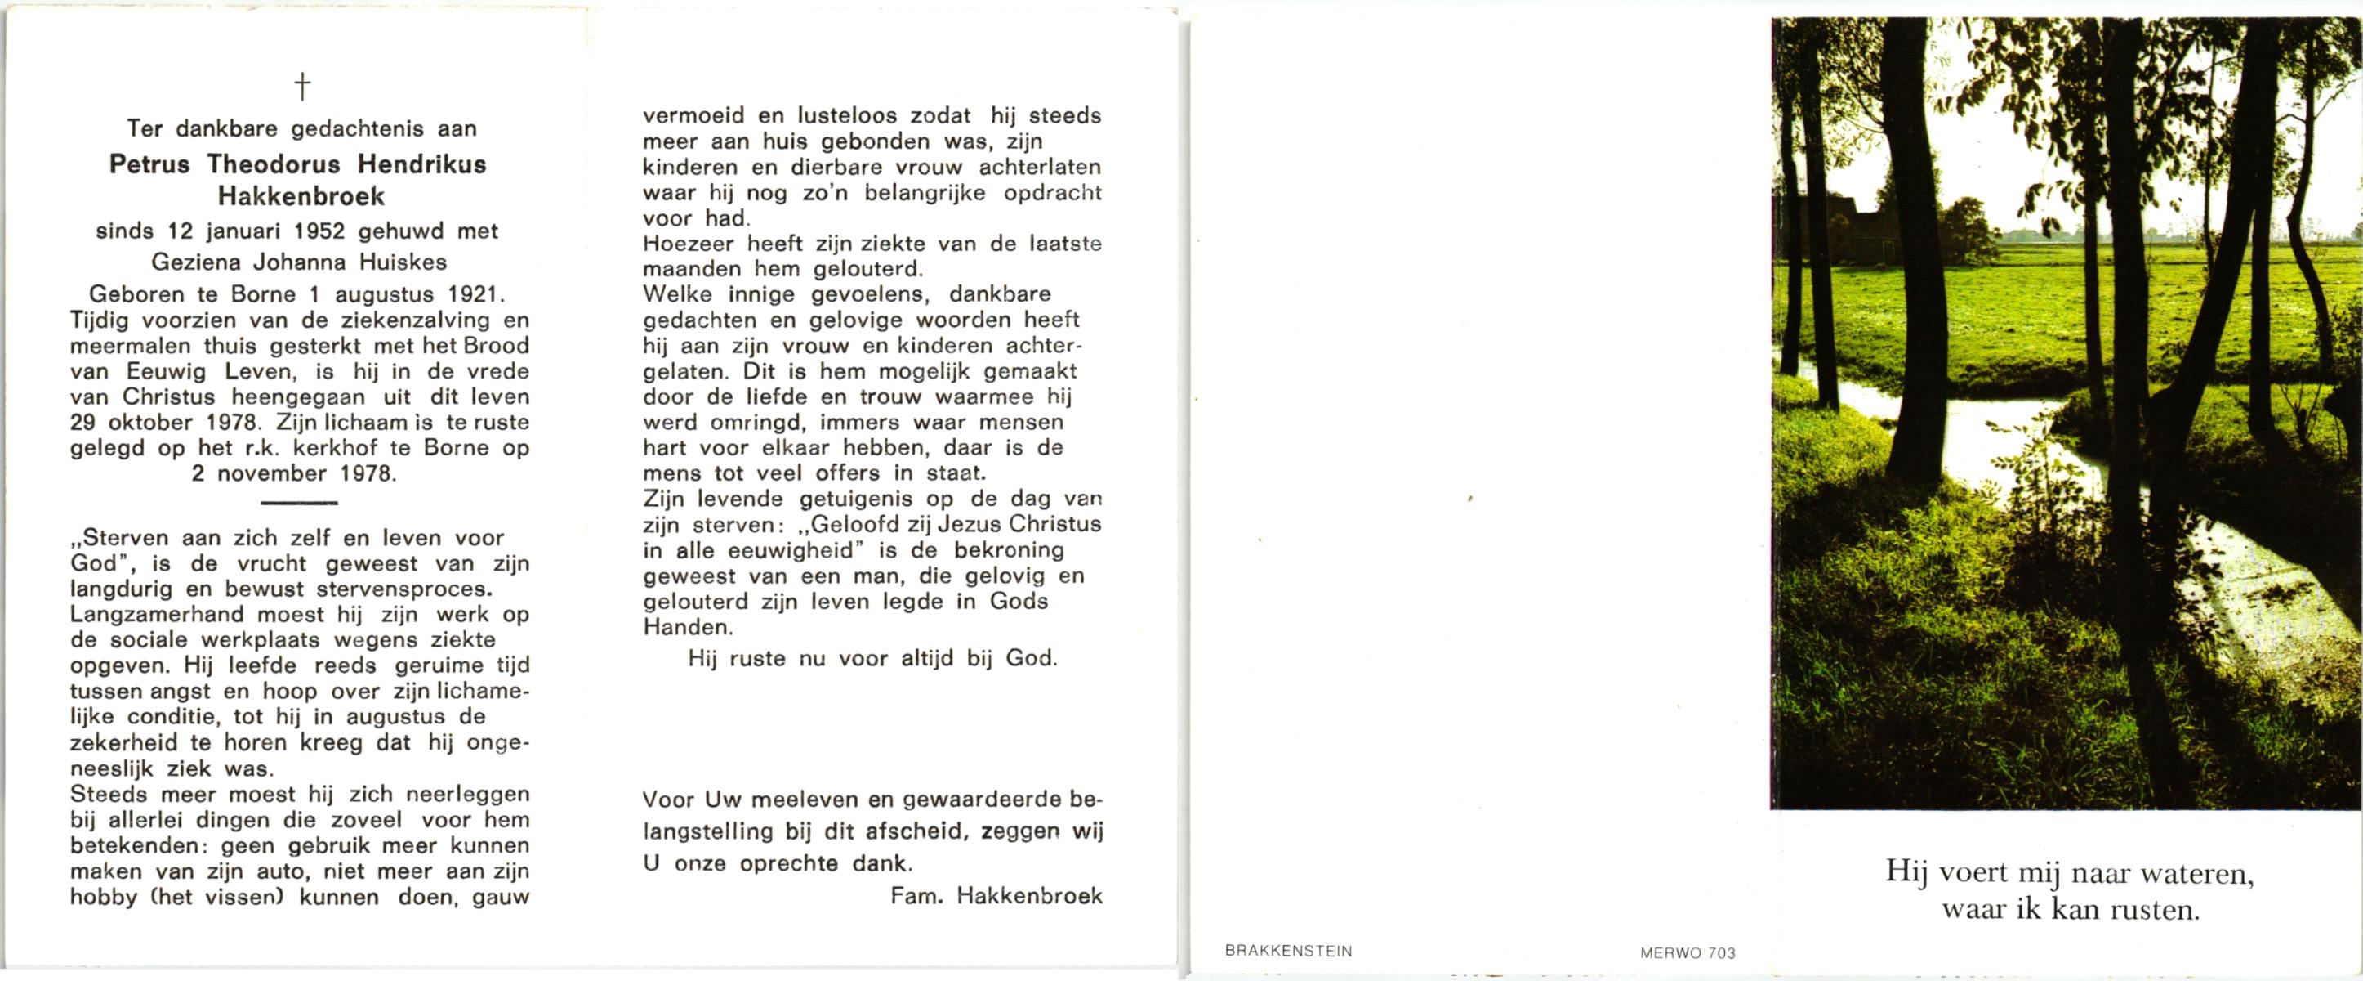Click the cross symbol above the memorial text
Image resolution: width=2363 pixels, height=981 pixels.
point(301,87)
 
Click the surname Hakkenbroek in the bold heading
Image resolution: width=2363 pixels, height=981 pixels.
point(301,196)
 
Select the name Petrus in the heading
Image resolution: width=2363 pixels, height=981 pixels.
point(150,165)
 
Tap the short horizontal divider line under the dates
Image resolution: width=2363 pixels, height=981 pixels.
point(299,503)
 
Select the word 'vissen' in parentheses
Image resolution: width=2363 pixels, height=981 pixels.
point(246,897)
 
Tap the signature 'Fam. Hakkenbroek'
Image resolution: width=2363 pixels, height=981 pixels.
point(996,897)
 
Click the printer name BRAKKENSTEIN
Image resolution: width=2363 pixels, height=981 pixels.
point(1288,952)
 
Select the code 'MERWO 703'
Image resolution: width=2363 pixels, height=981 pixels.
point(1688,953)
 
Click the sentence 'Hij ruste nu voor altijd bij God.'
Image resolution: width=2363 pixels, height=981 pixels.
point(872,659)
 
